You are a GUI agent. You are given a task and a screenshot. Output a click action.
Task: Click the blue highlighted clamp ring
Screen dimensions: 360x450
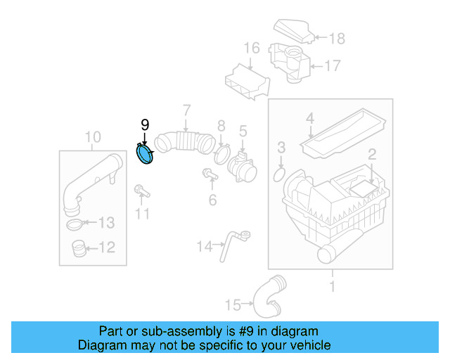coord(145,155)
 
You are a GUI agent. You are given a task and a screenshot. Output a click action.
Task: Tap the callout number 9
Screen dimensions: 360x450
coord(145,125)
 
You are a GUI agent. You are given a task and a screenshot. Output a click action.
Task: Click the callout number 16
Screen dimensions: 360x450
coord(252,49)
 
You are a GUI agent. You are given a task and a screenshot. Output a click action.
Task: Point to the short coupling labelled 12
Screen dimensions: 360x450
coord(78,247)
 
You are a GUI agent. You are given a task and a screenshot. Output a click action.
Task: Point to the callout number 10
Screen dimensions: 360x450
coord(93,136)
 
